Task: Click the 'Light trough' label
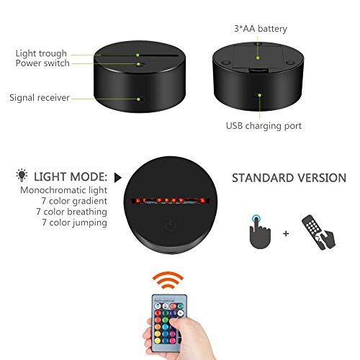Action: pos(41,53)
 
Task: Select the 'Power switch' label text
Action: pos(42,63)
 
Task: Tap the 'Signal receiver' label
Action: pos(40,98)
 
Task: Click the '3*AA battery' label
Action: pos(261,29)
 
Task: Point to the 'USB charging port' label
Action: pos(264,126)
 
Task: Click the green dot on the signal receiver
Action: pos(138,99)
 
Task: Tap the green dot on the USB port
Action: pos(259,95)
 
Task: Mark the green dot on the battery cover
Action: pos(258,58)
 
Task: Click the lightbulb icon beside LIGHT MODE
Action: pos(22,175)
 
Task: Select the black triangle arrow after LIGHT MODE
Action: pos(117,178)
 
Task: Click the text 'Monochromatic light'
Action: pos(63,190)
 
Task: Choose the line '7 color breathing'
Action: pos(71,212)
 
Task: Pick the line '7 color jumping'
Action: pos(74,222)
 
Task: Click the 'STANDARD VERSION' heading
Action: pos(289,178)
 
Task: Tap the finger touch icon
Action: pos(260,232)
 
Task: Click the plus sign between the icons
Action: pos(286,233)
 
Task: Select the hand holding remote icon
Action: pos(318,232)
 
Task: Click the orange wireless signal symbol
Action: pos(168,280)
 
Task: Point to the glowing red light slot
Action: pos(171,200)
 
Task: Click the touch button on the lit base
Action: pos(171,226)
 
